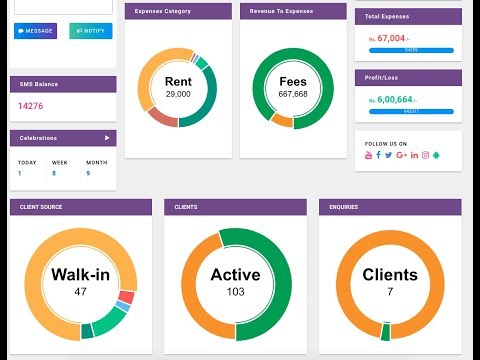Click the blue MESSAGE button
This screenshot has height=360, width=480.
click(36, 31)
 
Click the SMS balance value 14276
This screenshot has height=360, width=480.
click(30, 106)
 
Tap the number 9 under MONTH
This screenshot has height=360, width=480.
click(88, 173)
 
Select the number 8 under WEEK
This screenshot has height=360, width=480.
click(54, 173)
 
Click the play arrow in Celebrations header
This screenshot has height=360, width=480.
click(107, 138)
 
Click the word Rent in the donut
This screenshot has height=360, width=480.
click(178, 80)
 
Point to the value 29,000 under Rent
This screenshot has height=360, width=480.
click(178, 94)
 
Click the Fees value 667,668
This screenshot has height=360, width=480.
click(293, 94)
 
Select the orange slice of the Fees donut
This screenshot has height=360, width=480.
click(283, 120)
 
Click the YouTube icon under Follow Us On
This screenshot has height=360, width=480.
click(368, 155)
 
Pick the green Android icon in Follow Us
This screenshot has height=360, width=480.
click(437, 155)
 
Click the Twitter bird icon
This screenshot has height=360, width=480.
click(390, 155)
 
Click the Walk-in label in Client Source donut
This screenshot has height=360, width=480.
click(80, 275)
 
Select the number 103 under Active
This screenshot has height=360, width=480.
click(236, 292)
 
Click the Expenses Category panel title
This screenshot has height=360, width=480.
click(163, 11)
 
